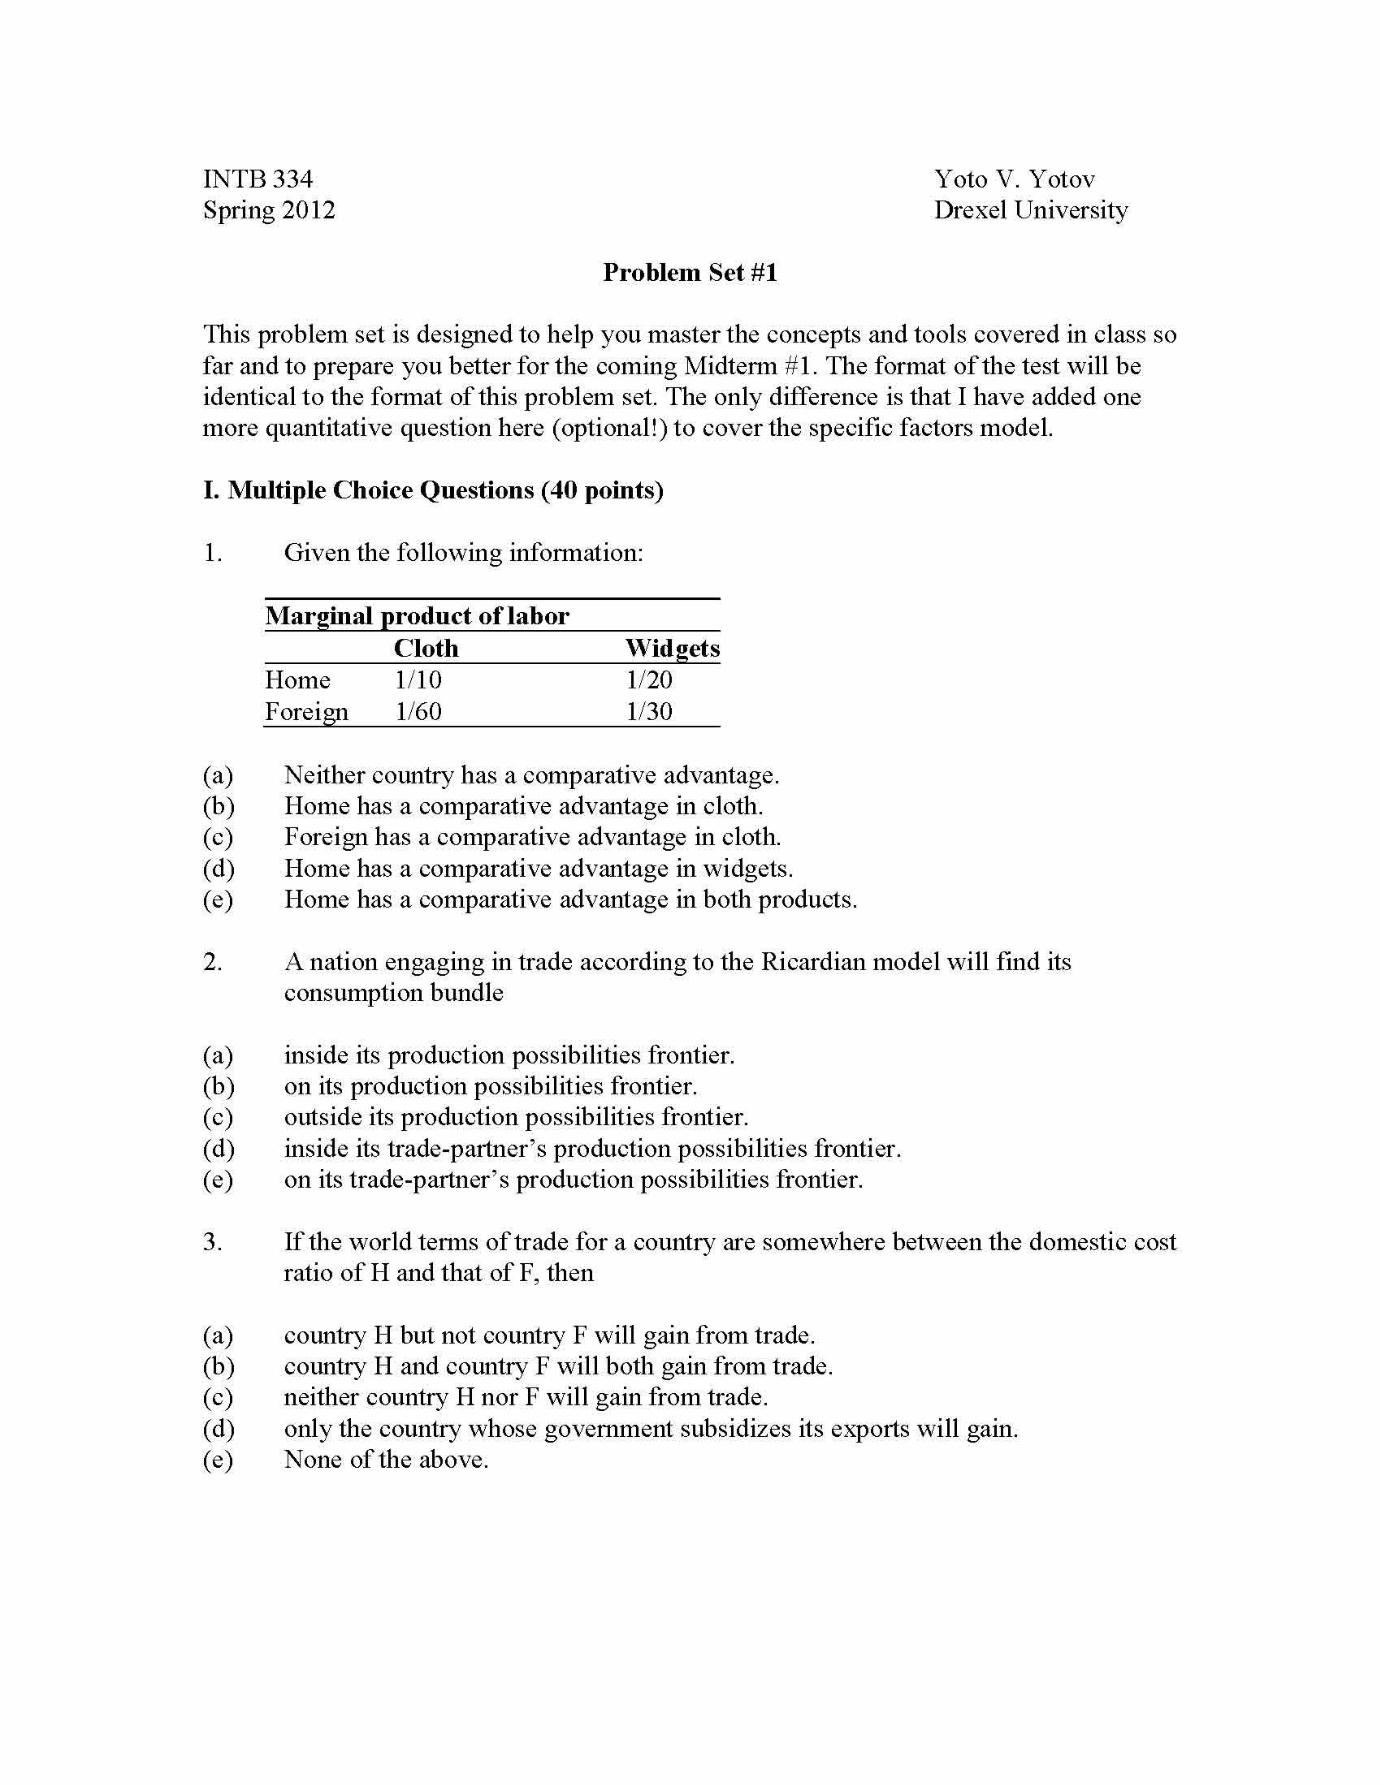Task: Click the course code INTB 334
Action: click(x=258, y=179)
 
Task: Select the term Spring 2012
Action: click(x=269, y=210)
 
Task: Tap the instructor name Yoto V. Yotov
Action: click(x=1015, y=179)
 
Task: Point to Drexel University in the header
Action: click(x=1031, y=210)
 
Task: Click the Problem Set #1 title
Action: click(x=690, y=272)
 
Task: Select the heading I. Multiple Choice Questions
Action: click(x=433, y=490)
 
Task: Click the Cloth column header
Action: click(x=426, y=649)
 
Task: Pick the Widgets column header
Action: click(x=673, y=649)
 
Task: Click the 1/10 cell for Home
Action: click(x=418, y=679)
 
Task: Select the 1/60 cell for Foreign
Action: click(x=418, y=711)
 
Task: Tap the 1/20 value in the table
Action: click(x=649, y=679)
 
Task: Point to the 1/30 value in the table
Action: click(x=649, y=711)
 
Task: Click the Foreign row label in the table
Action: click(x=307, y=711)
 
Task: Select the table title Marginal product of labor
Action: click(x=417, y=616)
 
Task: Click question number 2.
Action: click(x=213, y=962)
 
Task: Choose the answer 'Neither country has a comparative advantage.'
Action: click(x=532, y=774)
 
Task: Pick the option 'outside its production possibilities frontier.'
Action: click(x=516, y=1117)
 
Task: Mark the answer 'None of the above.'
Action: click(x=386, y=1459)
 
